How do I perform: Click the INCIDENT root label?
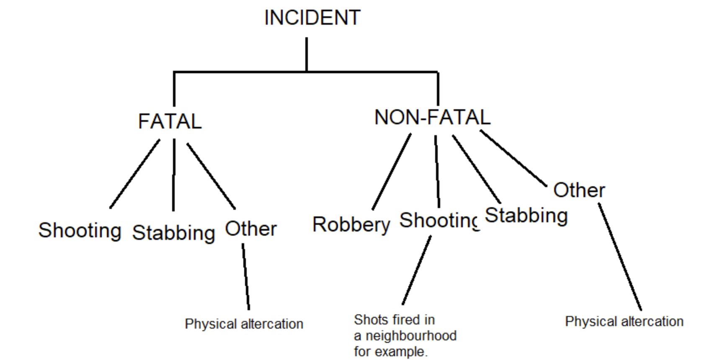tap(312, 18)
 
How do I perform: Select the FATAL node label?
tap(170, 122)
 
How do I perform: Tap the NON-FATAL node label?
tap(432, 117)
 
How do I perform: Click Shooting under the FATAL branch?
tap(80, 231)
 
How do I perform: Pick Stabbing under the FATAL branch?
tap(173, 233)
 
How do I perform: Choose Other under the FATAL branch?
tap(251, 229)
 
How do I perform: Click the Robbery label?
tap(351, 225)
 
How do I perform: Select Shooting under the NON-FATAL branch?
tap(439, 221)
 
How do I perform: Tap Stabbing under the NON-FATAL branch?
tap(526, 216)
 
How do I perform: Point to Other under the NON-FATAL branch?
tap(579, 190)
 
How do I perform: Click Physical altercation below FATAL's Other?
tap(244, 324)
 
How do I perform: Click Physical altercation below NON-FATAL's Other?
tap(624, 321)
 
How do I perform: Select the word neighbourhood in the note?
tap(411, 336)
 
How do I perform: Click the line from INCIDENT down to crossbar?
tap(307, 54)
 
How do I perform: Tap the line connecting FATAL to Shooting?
tap(134, 174)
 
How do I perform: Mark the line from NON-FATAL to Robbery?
tap(391, 172)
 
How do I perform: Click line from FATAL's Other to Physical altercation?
tap(246, 276)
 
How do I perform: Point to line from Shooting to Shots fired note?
tap(416, 270)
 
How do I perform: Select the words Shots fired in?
tap(394, 320)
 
